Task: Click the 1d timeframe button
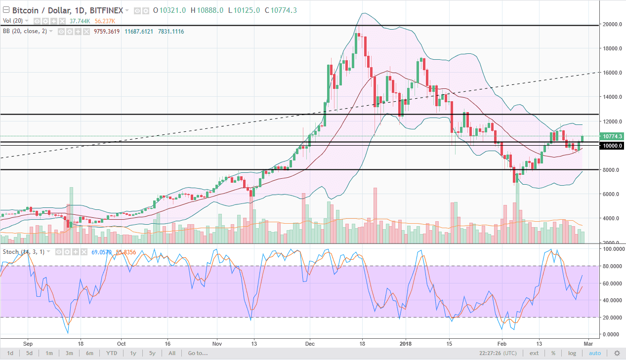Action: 10,353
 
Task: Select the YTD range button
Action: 112,353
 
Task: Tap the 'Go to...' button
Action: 198,353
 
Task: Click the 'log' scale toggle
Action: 572,353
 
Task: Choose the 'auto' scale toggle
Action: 595,353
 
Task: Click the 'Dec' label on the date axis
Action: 310,343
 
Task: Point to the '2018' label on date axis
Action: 405,343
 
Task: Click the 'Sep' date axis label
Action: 28,343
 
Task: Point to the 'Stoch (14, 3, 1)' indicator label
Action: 24,252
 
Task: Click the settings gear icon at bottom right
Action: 617,353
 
